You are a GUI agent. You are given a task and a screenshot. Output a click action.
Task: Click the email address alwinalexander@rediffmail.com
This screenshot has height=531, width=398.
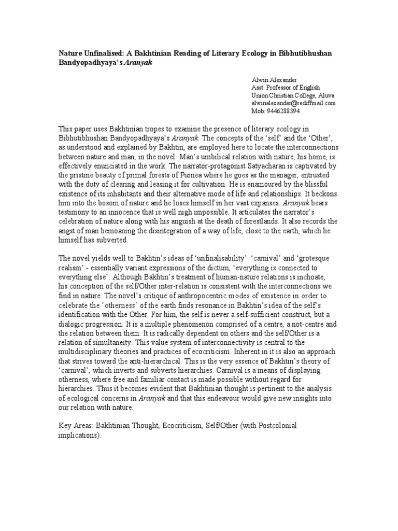pyautogui.click(x=293, y=103)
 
